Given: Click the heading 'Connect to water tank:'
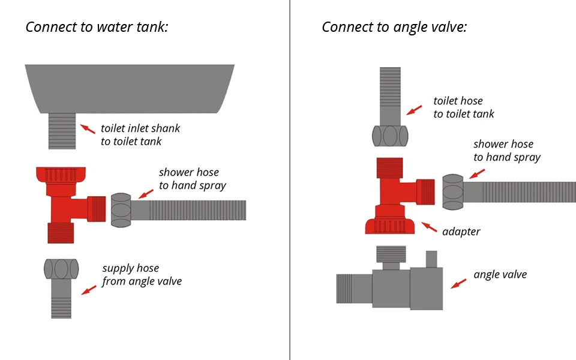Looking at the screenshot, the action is coord(97,27).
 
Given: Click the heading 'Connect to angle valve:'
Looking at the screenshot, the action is coord(394,27).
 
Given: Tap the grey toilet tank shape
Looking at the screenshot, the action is coord(130,89).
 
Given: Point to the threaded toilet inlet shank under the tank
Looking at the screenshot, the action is coord(62,131).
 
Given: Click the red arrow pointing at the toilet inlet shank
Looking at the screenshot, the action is coord(88,128).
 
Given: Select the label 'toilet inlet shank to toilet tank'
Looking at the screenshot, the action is coord(140,135).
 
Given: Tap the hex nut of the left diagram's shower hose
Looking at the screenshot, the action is coord(121,210).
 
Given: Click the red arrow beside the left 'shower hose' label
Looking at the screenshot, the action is coord(146,194).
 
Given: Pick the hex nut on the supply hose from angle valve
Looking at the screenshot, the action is coord(61,269).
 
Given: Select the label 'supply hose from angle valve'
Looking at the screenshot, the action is coord(142,274).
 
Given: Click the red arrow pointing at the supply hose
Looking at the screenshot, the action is coord(89,290).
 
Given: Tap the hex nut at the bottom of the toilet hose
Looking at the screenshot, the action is coord(390,136).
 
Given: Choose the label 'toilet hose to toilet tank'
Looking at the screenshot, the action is coord(464,107).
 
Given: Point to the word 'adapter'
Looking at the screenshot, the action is coord(461,232).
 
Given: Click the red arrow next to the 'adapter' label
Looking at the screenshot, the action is coord(429,227).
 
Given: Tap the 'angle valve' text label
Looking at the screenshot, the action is coord(500,274).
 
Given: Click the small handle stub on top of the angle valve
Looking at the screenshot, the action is coord(431,259).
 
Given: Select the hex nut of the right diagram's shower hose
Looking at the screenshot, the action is coord(453,192).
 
